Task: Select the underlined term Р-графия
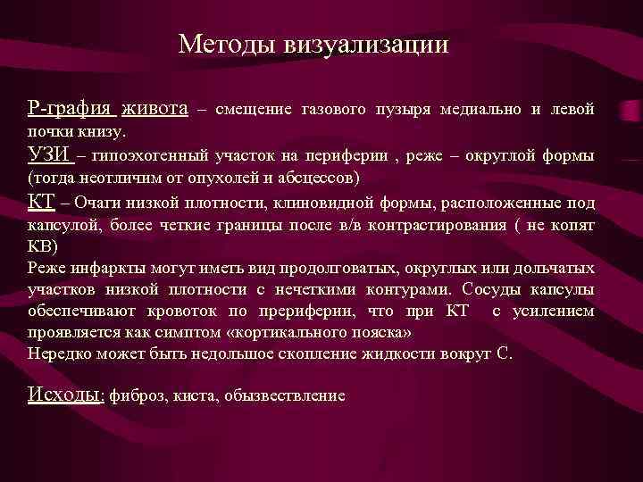[x=71, y=110]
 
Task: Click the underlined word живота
[x=155, y=110]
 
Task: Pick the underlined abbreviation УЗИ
[x=50, y=155]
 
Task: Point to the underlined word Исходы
[x=66, y=395]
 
